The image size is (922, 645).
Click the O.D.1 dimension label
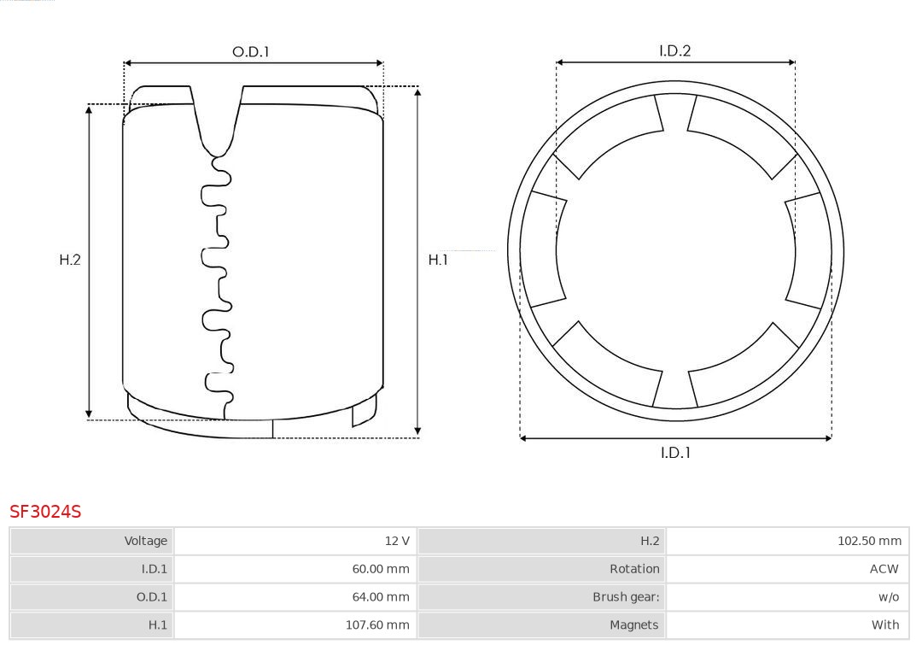coord(250,52)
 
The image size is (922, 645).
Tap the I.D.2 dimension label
coord(674,50)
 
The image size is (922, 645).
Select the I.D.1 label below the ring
coord(675,453)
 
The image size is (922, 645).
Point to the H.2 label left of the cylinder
coord(70,260)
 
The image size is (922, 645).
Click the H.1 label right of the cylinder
coord(438,260)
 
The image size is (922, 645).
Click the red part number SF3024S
coord(45,512)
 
